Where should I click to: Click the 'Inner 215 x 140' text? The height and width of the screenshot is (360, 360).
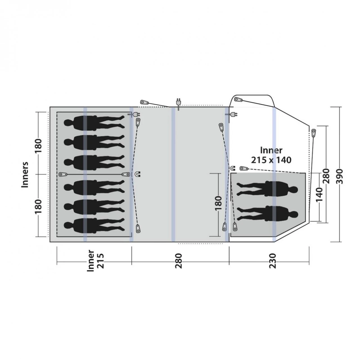pos(271,155)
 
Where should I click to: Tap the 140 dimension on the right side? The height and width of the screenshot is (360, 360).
pos(319,195)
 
